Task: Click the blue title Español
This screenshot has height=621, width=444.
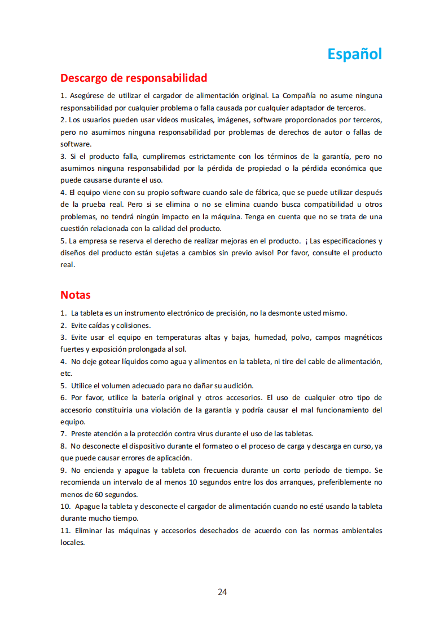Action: (355, 54)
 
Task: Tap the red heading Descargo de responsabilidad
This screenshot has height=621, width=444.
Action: (134, 78)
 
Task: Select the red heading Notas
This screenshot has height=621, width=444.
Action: (75, 295)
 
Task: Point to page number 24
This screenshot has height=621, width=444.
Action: (222, 592)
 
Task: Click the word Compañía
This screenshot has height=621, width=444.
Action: (301, 95)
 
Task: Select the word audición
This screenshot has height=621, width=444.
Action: (238, 386)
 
